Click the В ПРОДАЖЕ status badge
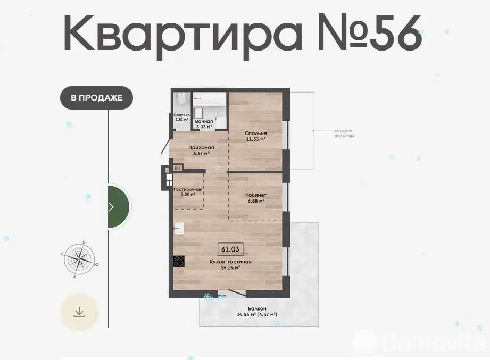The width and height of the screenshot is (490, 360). point(96,98)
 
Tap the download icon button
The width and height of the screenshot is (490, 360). point(79,312)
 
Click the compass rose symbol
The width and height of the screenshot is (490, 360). point(79,259)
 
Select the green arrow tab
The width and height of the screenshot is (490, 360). point(119,206)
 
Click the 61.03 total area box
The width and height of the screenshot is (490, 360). point(230,249)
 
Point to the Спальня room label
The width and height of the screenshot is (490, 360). point(256,133)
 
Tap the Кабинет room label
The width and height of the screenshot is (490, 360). point(256,195)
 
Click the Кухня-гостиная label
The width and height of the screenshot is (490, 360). point(230,262)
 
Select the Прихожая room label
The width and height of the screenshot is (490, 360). point(201,147)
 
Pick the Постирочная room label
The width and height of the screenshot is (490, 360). point(188,189)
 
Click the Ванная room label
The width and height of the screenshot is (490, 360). point(204,121)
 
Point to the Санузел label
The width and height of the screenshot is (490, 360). point(181,115)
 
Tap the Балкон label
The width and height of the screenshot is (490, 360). point(257,309)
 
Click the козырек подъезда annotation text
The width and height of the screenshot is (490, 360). point(344,133)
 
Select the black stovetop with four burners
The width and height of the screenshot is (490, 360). point(178,261)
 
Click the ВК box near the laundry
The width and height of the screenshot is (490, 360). point(178,168)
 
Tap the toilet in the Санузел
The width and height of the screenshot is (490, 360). point(181,100)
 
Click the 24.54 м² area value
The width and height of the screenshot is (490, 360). point(230,267)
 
